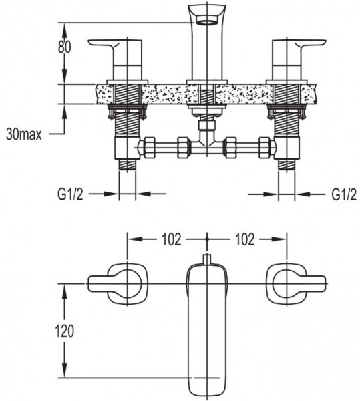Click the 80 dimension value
(x=64, y=47)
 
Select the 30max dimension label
(x=24, y=134)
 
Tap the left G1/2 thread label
(x=71, y=195)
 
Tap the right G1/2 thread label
(x=344, y=195)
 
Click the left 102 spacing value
(x=172, y=240)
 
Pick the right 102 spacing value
(x=244, y=240)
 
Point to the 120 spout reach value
(x=65, y=331)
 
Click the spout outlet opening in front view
(x=207, y=23)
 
